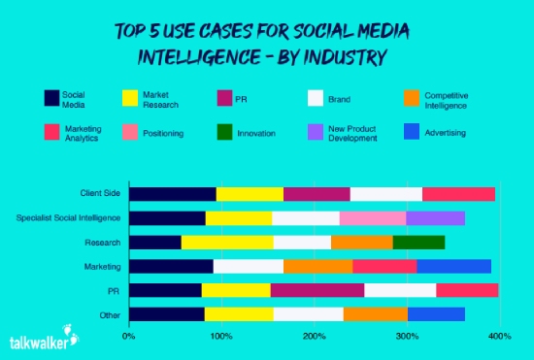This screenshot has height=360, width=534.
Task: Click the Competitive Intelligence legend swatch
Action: pos(411,98)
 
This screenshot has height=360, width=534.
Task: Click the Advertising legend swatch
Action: pos(411,133)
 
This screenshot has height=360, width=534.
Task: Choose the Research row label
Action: pos(105,242)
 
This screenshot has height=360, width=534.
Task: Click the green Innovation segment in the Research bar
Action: pos(418,242)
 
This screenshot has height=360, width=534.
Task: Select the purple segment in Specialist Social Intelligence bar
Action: pos(435,217)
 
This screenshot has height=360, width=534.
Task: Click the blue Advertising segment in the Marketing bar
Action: pos(453,265)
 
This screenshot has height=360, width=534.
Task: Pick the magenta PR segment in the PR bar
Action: pos(317,289)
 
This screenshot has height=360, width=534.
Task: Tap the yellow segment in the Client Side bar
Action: pos(250,194)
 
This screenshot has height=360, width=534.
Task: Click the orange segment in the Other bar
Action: pos(375,312)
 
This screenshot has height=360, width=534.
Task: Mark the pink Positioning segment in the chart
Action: pos(373,217)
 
